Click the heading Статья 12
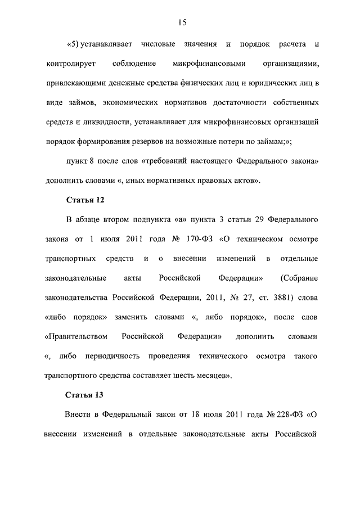pos(85,200)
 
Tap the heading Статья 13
pos(85,395)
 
